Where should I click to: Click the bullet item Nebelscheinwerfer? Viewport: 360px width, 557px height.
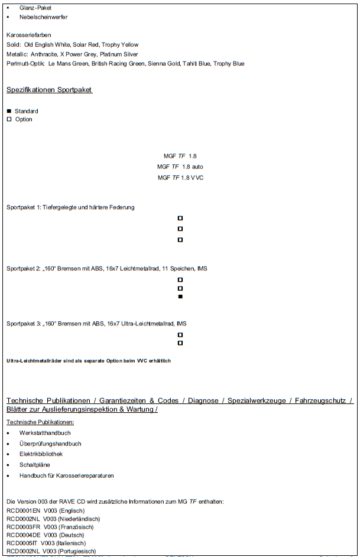pos(43,17)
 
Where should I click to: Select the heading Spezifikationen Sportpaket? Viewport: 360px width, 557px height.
pos(49,90)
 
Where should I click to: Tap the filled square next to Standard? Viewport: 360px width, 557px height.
pos(9,111)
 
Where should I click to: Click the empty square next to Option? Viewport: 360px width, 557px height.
pos(9,119)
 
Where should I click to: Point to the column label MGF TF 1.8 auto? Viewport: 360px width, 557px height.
pos(180,167)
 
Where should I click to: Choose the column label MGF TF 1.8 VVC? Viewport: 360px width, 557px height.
pos(180,177)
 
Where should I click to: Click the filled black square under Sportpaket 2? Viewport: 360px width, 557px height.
pos(180,297)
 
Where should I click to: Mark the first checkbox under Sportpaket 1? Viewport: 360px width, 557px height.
pos(180,218)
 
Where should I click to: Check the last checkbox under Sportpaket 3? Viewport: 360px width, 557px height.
pos(180,343)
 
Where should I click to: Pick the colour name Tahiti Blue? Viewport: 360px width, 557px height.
pos(197,64)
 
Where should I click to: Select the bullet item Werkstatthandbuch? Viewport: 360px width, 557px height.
pos(45,433)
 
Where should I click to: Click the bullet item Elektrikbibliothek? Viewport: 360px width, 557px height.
pos(41,454)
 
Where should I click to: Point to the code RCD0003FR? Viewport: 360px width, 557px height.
pos(23,527)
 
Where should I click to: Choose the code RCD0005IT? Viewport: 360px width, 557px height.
pos(22,543)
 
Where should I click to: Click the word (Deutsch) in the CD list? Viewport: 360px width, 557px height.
pos(71,535)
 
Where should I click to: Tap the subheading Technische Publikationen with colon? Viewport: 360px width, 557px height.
pos(40,422)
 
